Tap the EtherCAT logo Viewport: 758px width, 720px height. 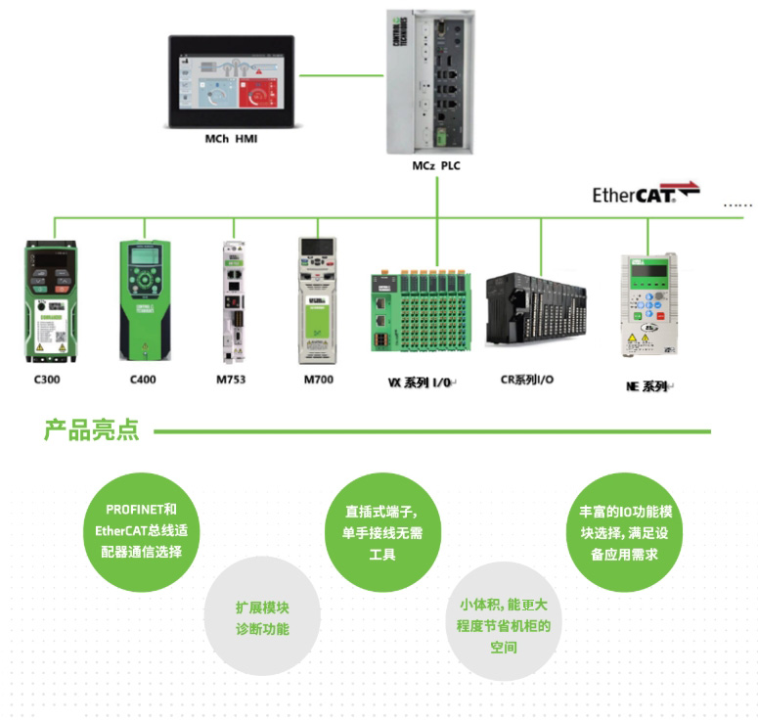pyautogui.click(x=646, y=193)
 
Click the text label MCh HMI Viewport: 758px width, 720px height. pyautogui.click(x=231, y=140)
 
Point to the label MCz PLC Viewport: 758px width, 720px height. pyautogui.click(x=435, y=166)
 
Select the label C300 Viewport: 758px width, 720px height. pyautogui.click(x=48, y=379)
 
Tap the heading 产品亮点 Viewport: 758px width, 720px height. pyautogui.click(x=91, y=430)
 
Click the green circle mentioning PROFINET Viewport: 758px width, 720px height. pyautogui.click(x=142, y=530)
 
